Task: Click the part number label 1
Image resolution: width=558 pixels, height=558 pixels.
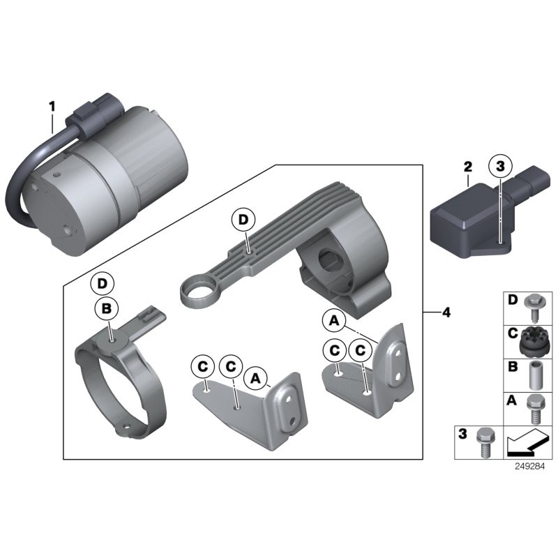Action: tap(52, 107)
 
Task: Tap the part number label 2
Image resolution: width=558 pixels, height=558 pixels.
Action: tap(467, 167)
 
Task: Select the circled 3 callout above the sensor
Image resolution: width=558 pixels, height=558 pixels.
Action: tap(500, 166)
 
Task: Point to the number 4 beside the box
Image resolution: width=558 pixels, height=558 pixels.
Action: tap(446, 312)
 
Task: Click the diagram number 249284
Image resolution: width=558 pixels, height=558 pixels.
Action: tap(529, 466)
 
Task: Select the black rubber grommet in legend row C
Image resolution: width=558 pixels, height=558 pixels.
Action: tap(534, 342)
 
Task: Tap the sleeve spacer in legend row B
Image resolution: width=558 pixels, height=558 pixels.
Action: tap(534, 375)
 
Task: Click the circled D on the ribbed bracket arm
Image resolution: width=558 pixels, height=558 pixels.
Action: tap(243, 220)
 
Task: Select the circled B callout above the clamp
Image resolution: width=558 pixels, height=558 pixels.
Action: tap(107, 308)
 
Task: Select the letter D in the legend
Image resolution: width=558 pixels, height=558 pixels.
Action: tap(513, 300)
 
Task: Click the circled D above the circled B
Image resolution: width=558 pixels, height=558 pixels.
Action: tap(102, 284)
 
